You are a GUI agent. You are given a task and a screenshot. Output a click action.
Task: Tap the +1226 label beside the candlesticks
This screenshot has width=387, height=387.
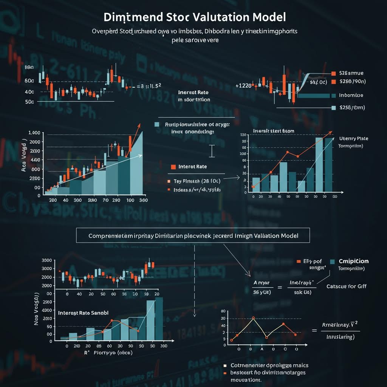pos(243,86)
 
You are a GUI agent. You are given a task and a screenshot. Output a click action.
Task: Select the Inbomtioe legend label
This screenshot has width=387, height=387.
pos(351,96)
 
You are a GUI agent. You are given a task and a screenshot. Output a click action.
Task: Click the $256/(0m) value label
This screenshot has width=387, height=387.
pos(352,108)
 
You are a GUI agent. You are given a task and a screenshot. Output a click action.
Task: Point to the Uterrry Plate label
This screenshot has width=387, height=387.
pos(353,139)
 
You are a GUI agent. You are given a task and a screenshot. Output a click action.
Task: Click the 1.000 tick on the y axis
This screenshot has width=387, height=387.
pos(34,133)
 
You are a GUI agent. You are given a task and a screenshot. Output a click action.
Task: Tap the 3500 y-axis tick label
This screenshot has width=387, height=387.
pos(46,260)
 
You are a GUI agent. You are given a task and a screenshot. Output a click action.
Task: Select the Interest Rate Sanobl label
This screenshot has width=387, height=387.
pos(83,313)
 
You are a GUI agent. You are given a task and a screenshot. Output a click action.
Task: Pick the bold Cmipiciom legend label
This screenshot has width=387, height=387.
pos(354,261)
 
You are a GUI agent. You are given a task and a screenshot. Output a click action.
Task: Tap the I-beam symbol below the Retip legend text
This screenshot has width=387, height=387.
pos(212,151)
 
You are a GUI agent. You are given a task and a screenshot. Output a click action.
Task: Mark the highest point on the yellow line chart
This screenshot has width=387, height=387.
pos(253,318)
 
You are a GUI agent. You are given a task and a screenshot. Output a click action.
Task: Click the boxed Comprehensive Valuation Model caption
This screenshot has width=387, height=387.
pos(193,235)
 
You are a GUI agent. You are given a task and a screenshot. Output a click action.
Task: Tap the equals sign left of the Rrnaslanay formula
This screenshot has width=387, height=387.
pos(314,330)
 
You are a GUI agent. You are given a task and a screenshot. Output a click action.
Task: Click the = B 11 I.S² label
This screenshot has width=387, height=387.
pos(149,86)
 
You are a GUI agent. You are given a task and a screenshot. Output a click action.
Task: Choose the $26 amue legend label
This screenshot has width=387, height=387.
pos(351,73)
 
